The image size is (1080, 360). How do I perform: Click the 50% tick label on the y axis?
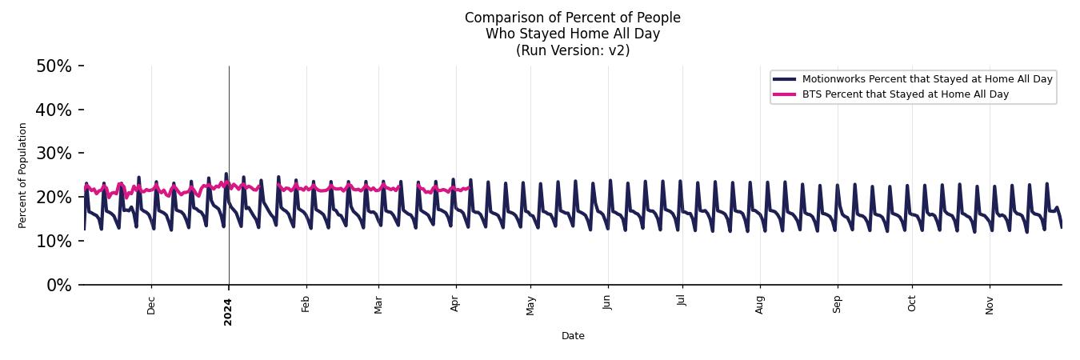pos(54,66)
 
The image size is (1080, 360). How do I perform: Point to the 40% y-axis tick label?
pos(54,110)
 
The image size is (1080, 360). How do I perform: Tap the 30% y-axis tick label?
pos(54,154)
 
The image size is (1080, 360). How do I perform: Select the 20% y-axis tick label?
pos(54,198)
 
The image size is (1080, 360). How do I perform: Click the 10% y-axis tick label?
pos(54,241)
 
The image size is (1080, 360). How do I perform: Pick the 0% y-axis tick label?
pos(58,285)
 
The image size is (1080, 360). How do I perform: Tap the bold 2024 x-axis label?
pos(228,311)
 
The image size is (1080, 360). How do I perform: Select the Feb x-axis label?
pos(306,304)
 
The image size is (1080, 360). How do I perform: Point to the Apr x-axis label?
pos(455,304)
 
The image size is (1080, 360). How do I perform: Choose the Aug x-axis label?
pos(759,305)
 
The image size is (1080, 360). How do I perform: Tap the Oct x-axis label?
pos(911,304)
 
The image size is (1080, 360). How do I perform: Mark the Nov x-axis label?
pos(990,305)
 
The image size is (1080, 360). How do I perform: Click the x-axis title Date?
pos(573,336)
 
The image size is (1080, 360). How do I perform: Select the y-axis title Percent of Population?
pos(23,175)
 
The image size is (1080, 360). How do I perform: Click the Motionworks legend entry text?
pos(926,79)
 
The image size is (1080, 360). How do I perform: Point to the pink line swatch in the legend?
pos(784,94)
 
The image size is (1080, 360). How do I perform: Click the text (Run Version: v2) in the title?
pos(573,50)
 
